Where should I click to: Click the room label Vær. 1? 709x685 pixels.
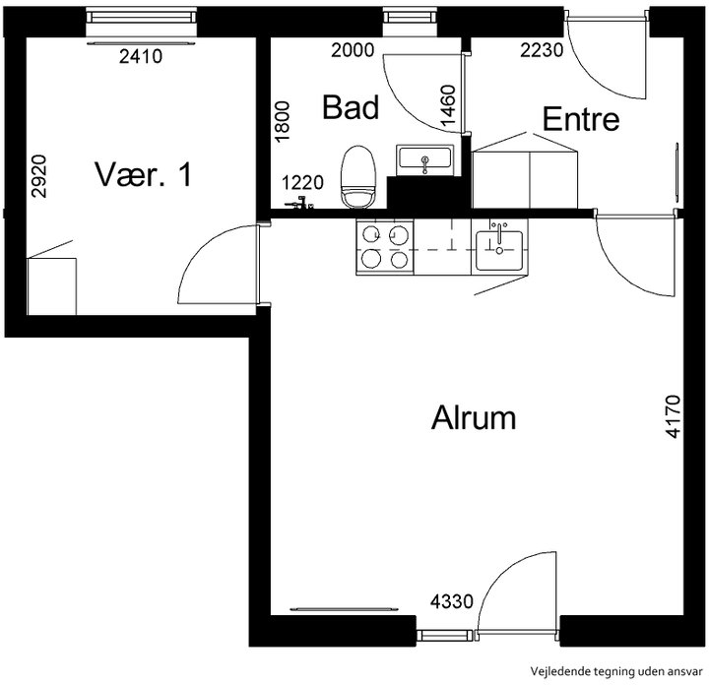point(144,174)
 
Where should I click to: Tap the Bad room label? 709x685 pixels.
point(351,107)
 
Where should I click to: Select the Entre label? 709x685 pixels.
point(581,119)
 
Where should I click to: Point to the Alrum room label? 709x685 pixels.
point(474,418)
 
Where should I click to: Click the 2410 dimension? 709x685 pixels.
point(141,56)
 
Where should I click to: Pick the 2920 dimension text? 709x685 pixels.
point(38,176)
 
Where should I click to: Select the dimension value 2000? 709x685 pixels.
point(353,50)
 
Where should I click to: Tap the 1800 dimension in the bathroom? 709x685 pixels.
point(282,121)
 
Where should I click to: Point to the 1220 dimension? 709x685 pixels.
point(302,183)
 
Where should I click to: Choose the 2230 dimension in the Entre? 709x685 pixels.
point(542,50)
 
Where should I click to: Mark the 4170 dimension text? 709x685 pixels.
point(673,416)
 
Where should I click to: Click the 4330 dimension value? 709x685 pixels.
point(452,601)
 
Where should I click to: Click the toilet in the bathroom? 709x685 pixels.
point(358,177)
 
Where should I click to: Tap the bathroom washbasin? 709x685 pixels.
point(424,160)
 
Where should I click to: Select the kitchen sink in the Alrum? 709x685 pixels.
point(499,247)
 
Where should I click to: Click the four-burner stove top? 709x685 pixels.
point(385,247)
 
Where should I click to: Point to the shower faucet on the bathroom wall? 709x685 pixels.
point(299,204)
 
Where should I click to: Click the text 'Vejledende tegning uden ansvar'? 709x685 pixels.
point(616,671)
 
